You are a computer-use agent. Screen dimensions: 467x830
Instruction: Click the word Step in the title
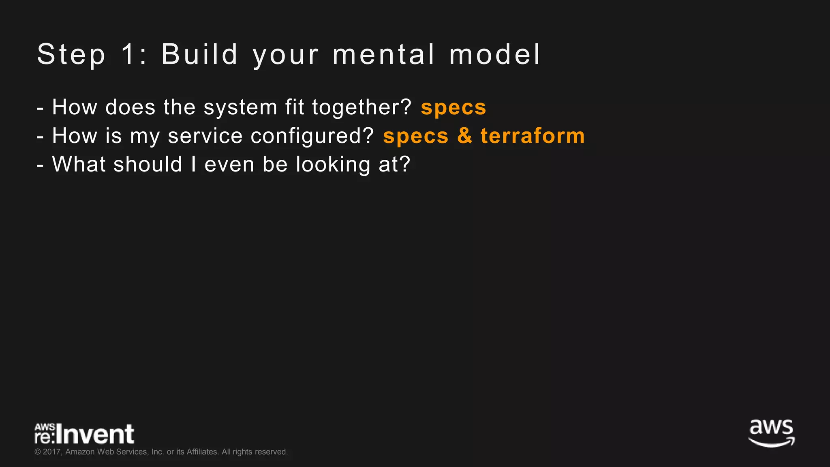coord(71,55)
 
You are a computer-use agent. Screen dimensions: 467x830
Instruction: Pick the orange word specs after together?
coord(454,108)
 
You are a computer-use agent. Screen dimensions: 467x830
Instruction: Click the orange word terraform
coord(533,136)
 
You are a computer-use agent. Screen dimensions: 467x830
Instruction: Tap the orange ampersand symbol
coord(465,136)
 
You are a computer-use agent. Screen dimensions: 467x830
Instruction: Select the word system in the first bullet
coord(240,108)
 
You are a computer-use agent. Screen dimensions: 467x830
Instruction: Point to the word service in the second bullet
coord(205,136)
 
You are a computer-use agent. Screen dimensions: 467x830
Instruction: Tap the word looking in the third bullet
coord(333,165)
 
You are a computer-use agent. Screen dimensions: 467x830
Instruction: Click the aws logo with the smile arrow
coord(771,433)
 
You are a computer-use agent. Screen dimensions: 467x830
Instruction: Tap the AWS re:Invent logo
coord(84,434)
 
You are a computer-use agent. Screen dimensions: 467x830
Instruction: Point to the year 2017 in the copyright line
coord(52,452)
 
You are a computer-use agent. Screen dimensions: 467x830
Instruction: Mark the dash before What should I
coord(40,165)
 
